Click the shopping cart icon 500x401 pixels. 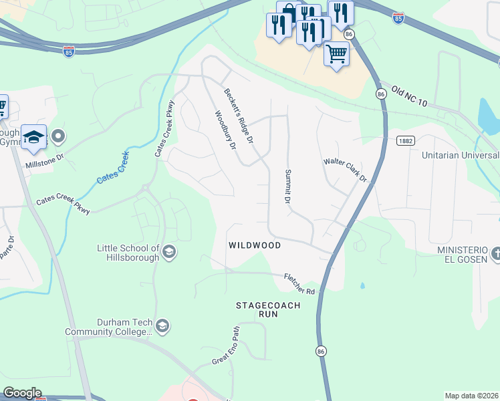337,52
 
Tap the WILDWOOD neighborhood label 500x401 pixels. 254,245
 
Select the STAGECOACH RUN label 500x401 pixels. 268,311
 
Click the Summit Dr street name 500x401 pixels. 288,186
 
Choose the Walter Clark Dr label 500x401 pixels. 346,170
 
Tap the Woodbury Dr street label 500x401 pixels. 225,130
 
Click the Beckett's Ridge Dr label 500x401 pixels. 239,116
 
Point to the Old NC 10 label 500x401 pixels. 409,95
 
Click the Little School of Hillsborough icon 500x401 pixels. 169,252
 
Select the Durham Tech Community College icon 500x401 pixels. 162,326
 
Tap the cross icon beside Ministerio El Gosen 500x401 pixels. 495,253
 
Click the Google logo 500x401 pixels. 22,393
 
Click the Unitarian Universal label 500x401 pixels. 461,154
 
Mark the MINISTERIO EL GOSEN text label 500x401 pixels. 461,254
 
